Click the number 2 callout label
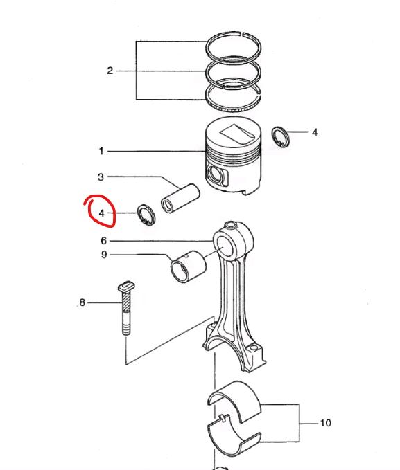pos(110,71)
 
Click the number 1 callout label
pos(101,150)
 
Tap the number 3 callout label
pos(101,177)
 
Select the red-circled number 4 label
pos(101,213)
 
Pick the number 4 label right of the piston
pos(314,132)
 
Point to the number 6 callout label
pos(103,241)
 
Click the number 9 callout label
pos(103,255)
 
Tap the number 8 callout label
pos(82,302)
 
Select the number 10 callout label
pos(326,422)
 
